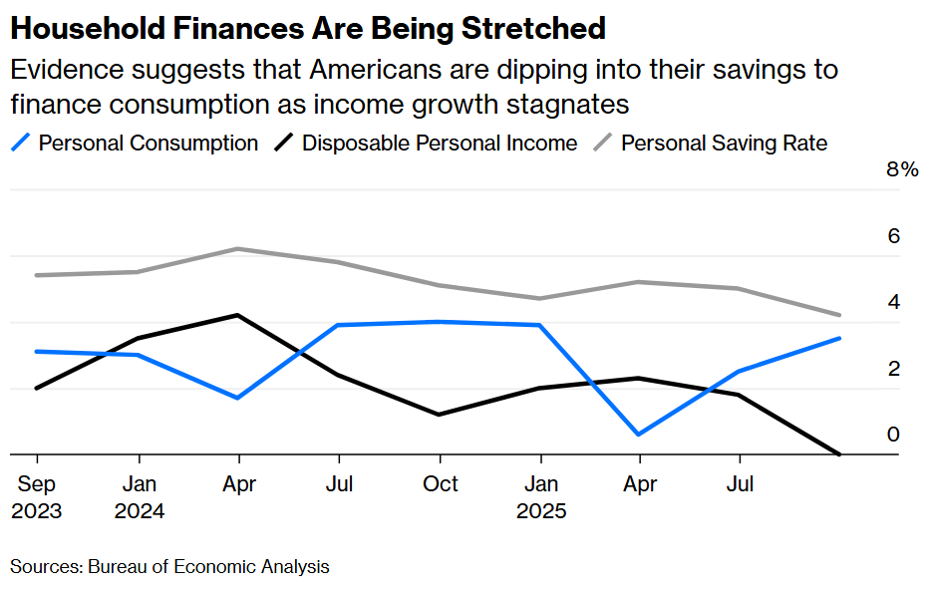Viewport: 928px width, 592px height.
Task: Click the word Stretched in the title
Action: (x=533, y=28)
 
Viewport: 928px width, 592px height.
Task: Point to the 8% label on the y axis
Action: (x=902, y=170)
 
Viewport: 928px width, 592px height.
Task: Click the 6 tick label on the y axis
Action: (x=894, y=236)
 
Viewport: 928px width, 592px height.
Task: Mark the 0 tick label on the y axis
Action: (x=894, y=435)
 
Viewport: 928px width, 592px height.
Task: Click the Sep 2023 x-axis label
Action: (x=37, y=496)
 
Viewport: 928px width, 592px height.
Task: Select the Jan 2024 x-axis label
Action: (x=139, y=496)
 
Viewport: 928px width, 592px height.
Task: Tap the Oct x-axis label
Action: (x=440, y=483)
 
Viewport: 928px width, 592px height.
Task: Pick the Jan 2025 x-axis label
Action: (x=540, y=496)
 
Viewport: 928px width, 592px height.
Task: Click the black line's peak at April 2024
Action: (x=237, y=315)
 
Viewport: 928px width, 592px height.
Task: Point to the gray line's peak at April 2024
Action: (x=237, y=248)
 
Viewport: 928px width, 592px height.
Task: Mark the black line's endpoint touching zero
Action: (x=840, y=454)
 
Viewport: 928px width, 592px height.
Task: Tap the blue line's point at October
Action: (x=440, y=321)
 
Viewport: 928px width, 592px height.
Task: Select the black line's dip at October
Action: (x=440, y=415)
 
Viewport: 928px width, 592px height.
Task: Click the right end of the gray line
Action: (x=840, y=315)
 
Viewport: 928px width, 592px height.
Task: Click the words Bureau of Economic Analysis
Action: (x=208, y=567)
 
